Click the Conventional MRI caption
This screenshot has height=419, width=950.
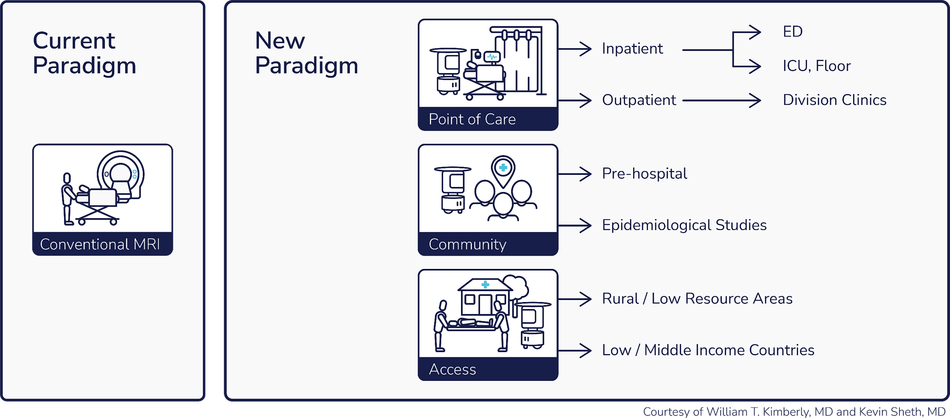(100, 244)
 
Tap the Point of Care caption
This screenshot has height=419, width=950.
(472, 119)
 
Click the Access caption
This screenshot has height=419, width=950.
(453, 369)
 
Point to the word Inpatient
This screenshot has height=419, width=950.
(632, 49)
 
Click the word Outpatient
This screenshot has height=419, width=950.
(639, 100)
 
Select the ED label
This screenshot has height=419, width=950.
(793, 31)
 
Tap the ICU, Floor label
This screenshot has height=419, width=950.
(817, 66)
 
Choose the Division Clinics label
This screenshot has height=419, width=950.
(835, 100)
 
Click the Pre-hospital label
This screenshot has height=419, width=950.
(645, 174)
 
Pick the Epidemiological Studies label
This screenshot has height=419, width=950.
(684, 225)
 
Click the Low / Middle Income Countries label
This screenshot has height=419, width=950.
(708, 350)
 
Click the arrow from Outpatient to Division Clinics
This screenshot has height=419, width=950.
(722, 100)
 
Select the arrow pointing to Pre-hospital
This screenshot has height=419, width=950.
(575, 174)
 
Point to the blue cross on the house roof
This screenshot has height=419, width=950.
(485, 284)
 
